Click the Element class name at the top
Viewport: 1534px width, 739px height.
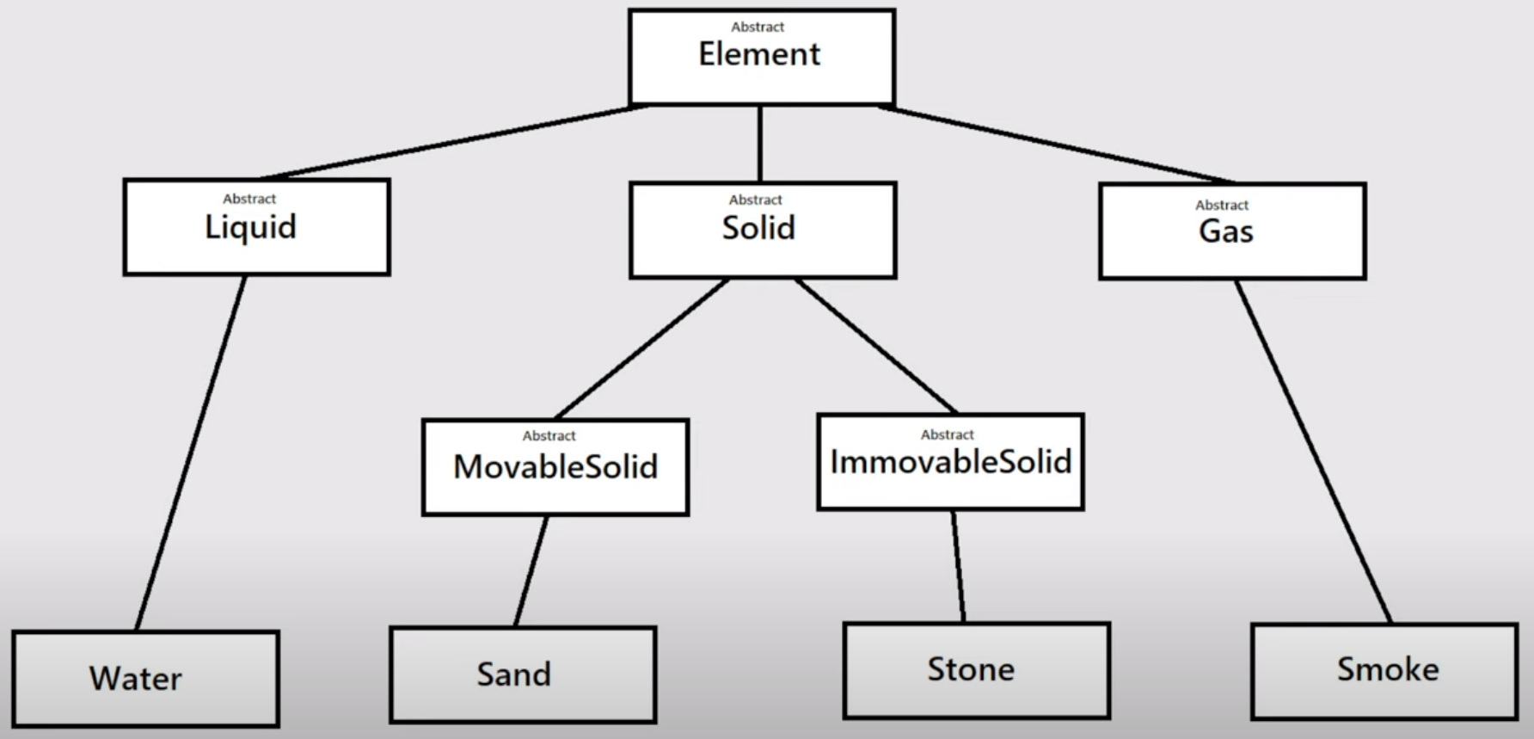pos(759,54)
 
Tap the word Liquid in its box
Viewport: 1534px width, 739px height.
pos(250,227)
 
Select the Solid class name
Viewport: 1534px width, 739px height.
pos(758,228)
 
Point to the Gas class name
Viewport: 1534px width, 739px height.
pos(1226,231)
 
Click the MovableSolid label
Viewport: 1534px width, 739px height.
pos(555,466)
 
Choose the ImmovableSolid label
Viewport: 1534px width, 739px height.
pos(950,462)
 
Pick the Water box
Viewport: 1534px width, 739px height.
pos(145,678)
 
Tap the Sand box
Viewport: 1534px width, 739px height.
pos(522,674)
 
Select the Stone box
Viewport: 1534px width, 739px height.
pos(976,669)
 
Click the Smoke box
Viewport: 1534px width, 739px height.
pos(1384,670)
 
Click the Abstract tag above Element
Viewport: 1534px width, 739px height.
pos(758,27)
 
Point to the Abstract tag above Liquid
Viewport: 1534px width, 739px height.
pos(249,199)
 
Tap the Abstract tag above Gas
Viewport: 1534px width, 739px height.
pos(1222,205)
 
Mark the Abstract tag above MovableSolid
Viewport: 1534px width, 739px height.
pos(549,435)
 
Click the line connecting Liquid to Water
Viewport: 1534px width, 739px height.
pos(191,453)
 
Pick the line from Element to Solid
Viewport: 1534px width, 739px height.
pos(760,143)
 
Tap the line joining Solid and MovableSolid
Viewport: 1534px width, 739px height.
pos(642,348)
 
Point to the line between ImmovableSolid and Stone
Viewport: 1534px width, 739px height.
pos(958,566)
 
